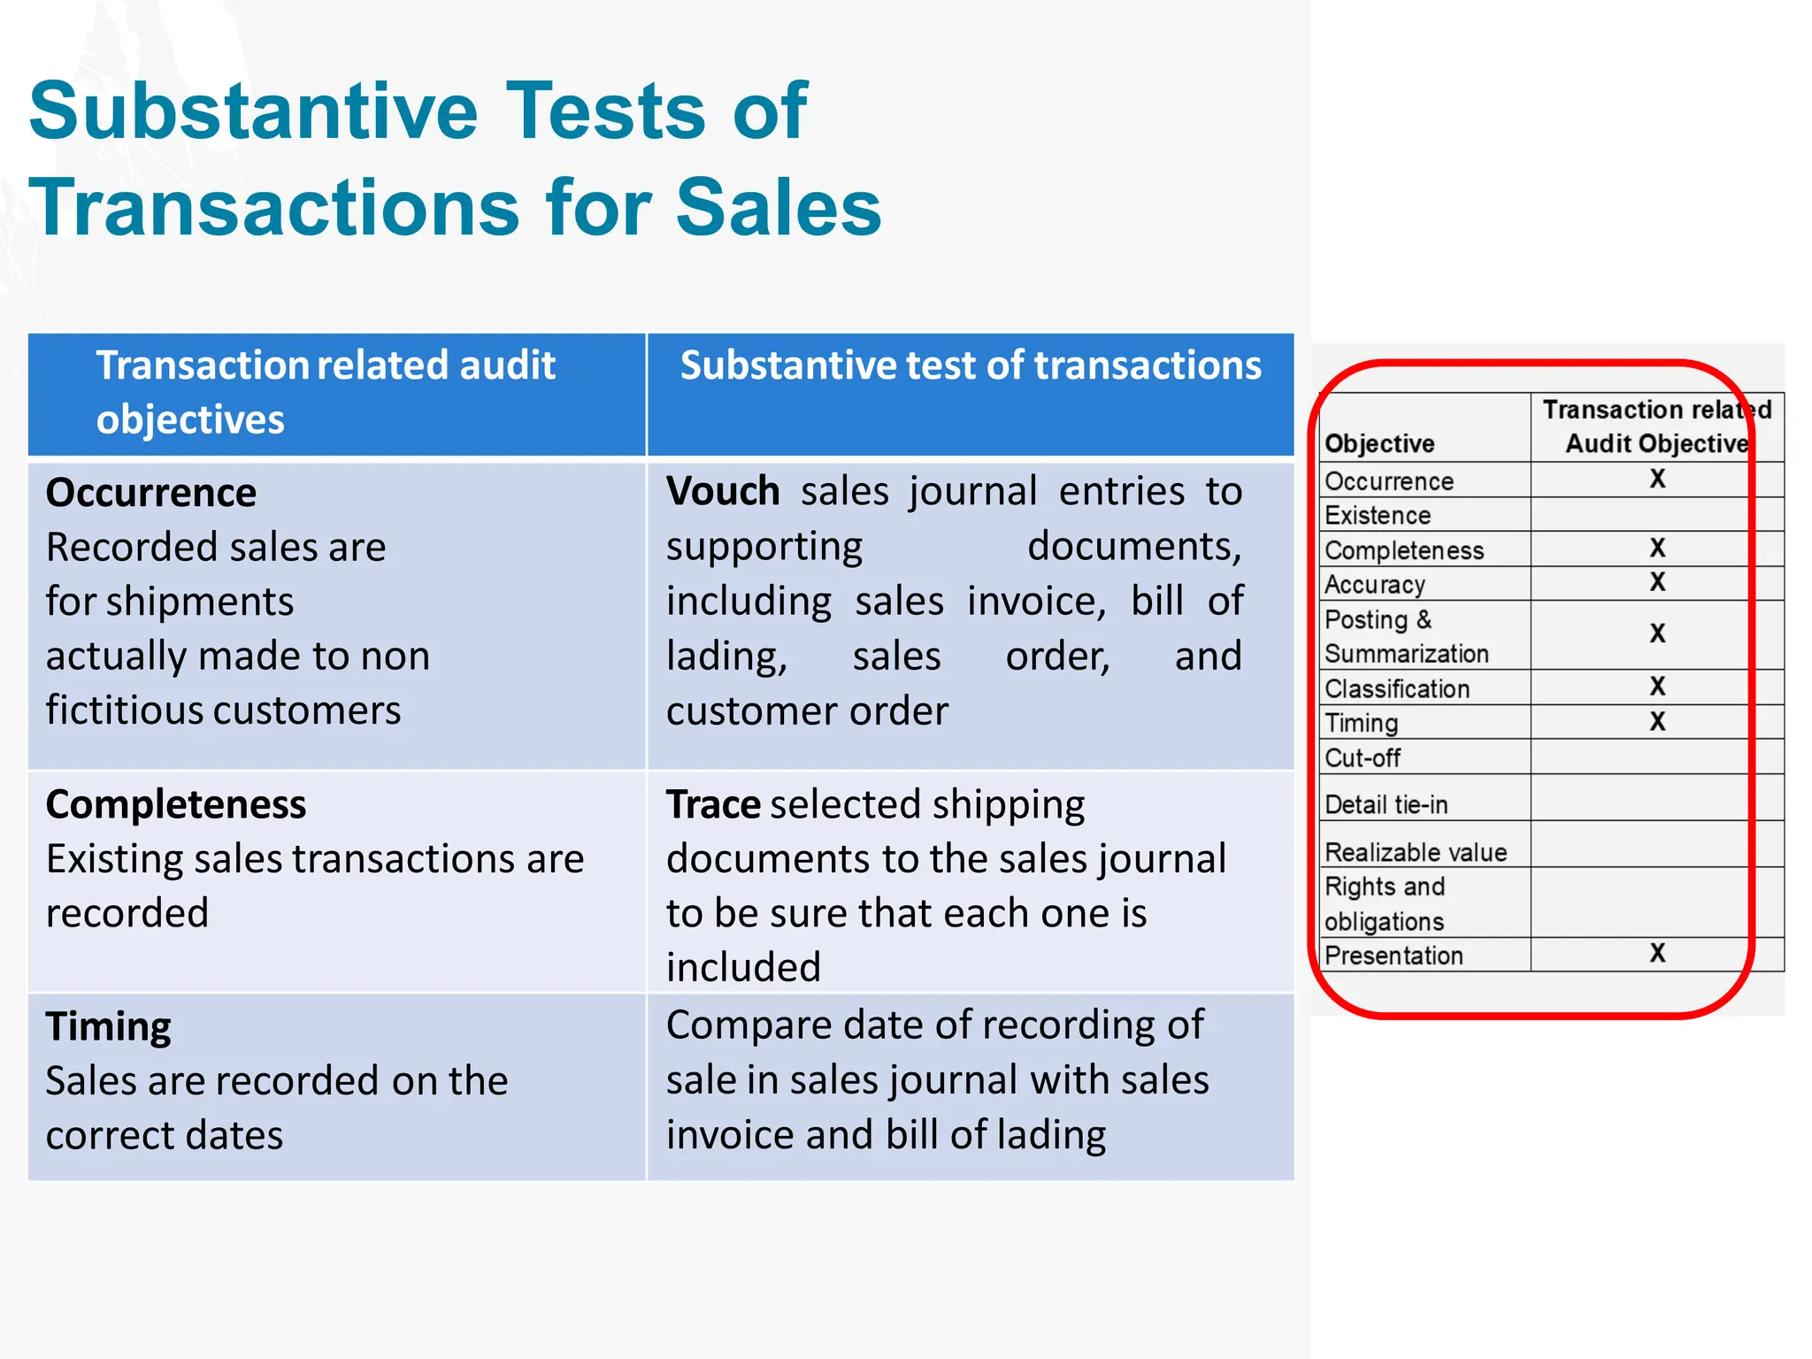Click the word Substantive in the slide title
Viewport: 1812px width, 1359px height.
point(253,111)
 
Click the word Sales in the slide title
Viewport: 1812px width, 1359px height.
point(779,209)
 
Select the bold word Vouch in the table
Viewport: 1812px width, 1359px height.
point(723,491)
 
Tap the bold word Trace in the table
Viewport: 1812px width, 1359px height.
point(712,804)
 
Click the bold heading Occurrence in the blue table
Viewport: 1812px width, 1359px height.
point(151,493)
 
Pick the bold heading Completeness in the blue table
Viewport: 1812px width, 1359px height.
point(176,804)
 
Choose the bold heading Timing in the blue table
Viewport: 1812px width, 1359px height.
point(109,1026)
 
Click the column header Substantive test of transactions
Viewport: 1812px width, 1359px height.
point(971,365)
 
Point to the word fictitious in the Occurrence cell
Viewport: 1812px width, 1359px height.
point(124,710)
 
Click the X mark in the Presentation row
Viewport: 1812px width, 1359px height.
point(1657,953)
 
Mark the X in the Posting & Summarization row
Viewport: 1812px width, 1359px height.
point(1657,633)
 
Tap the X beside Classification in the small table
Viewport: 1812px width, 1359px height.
point(1657,687)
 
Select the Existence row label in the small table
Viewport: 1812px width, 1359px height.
point(1378,515)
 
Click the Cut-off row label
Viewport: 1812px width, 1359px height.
point(1363,758)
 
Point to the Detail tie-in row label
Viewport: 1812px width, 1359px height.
point(1386,804)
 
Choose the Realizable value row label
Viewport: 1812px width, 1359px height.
point(1416,852)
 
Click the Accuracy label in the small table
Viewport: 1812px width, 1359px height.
point(1375,585)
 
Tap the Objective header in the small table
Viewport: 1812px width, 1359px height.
point(1379,443)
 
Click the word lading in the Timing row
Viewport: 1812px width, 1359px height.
point(1051,1135)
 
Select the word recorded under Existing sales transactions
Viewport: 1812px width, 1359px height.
point(127,913)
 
